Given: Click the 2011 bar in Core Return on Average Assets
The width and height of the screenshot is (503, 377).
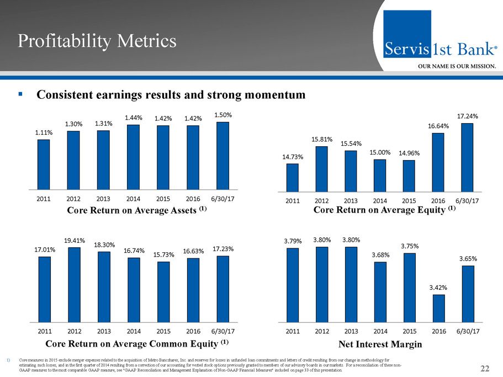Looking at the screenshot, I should point(44,164).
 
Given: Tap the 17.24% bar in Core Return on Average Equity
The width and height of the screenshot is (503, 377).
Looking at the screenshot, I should point(468,156).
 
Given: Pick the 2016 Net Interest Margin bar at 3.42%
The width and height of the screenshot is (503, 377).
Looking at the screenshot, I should point(439,308).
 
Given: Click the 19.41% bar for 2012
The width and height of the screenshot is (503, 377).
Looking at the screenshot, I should point(73,285).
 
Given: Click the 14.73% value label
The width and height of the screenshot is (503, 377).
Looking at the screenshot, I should point(293,157).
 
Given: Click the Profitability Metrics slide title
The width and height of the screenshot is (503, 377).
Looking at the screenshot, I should point(97,41).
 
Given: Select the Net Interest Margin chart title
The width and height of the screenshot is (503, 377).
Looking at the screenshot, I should point(379,344).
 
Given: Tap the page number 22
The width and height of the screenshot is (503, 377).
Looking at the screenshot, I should point(485,369).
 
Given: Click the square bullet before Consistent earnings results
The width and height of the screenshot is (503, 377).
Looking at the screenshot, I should point(20,94).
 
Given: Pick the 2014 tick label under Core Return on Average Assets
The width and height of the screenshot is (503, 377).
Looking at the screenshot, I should point(133,199).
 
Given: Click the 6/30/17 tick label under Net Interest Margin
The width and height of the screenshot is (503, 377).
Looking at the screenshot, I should point(467,331).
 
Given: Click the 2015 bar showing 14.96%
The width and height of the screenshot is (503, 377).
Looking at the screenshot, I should point(409,175).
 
